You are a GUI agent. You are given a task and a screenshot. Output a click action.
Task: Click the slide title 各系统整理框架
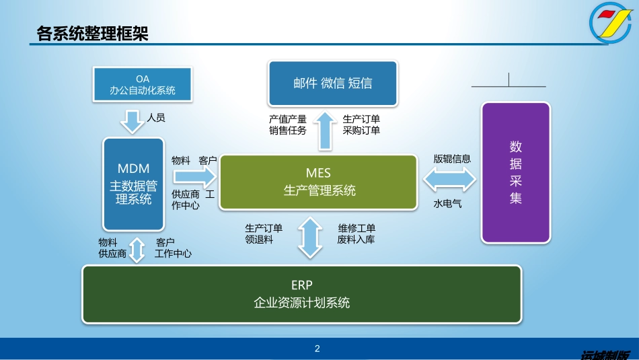pyautogui.click(x=92, y=33)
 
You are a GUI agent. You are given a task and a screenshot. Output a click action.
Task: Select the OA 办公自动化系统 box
pyautogui.click(x=142, y=85)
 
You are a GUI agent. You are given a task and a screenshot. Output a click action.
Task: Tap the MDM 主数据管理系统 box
pyautogui.click(x=133, y=184)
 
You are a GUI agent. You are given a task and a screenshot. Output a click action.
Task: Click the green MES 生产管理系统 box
pyautogui.click(x=319, y=183)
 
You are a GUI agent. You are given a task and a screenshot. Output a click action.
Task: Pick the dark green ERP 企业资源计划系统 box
pyautogui.click(x=301, y=295)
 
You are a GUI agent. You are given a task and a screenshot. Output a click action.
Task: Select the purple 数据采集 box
pyautogui.click(x=515, y=172)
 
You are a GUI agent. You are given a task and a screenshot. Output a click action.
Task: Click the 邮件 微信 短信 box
pyautogui.click(x=333, y=83)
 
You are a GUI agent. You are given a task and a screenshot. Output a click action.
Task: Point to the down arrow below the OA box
pyautogui.click(x=132, y=122)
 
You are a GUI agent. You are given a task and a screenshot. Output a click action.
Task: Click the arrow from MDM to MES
pyautogui.click(x=194, y=177)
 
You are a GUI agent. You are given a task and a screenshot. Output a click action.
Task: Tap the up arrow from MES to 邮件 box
pyautogui.click(x=324, y=130)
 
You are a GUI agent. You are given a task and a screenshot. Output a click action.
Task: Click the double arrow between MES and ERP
pyautogui.click(x=310, y=236)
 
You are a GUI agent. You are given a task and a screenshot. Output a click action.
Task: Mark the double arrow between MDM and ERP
pyautogui.click(x=138, y=249)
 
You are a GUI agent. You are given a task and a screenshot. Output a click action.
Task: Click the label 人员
pyautogui.click(x=156, y=118)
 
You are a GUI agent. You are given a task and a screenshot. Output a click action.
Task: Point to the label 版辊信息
pyautogui.click(x=452, y=159)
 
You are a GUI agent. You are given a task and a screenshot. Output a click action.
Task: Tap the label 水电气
pyautogui.click(x=447, y=203)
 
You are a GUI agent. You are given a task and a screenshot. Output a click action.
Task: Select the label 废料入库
pyautogui.click(x=356, y=240)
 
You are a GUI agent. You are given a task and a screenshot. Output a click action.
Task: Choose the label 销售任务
pyautogui.click(x=288, y=131)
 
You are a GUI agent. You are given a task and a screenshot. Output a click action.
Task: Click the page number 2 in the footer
pyautogui.click(x=317, y=349)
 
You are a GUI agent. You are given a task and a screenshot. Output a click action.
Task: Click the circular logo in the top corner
pyautogui.click(x=611, y=24)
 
